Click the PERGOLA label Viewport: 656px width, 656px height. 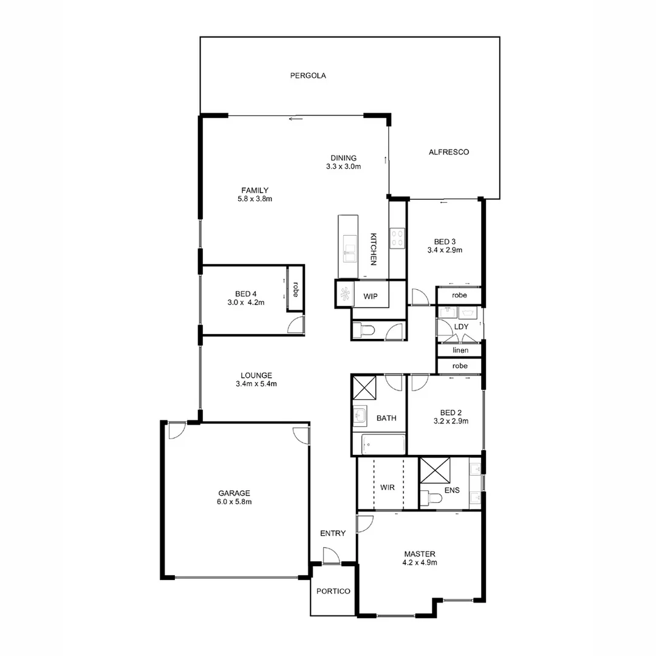(308, 76)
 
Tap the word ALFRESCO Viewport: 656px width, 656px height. (448, 152)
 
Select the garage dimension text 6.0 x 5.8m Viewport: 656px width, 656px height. (235, 502)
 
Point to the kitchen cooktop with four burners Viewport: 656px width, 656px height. (397, 237)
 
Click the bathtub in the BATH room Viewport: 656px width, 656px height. (383, 445)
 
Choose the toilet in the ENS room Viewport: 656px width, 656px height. (432, 497)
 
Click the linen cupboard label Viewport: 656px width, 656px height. (460, 350)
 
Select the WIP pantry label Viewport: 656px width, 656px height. (371, 296)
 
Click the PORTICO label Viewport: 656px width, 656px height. (333, 591)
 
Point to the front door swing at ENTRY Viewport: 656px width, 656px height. (331, 555)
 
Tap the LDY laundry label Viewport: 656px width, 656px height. (461, 327)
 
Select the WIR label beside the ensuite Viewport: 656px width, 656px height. (388, 488)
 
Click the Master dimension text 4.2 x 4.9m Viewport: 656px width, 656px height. (420, 563)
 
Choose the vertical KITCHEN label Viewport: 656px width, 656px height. (374, 249)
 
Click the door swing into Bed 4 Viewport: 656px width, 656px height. (296, 324)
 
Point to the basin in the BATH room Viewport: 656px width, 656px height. (359, 417)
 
